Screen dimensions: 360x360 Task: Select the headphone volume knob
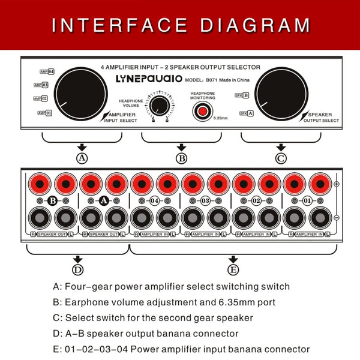tap(159, 106)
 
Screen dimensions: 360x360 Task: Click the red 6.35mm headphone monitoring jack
tap(202, 111)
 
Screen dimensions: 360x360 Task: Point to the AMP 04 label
tap(47, 71)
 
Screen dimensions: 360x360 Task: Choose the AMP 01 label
tap(45, 113)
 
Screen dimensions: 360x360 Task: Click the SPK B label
tap(242, 95)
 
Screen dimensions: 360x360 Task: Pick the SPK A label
tap(247, 113)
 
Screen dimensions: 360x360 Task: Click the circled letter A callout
tap(82, 158)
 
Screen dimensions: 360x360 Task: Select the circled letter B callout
tap(182, 158)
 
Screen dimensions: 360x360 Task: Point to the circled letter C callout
tap(281, 158)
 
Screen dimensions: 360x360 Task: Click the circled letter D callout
tap(77, 270)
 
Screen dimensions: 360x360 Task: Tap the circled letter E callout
tap(233, 270)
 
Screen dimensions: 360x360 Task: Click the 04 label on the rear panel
tap(154, 200)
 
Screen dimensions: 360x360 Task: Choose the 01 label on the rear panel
tap(307, 200)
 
